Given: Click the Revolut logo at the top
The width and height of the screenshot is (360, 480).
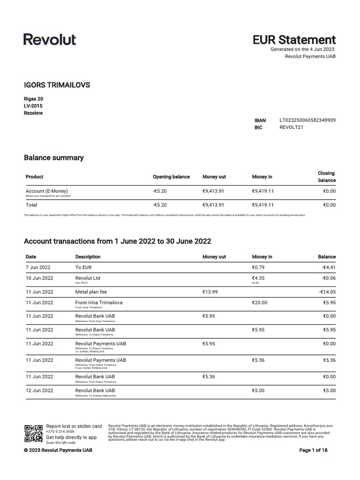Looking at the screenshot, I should [x=50, y=39].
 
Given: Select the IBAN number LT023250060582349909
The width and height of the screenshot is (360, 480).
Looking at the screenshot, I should [x=307, y=120].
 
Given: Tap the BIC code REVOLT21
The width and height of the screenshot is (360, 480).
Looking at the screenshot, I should [x=292, y=127].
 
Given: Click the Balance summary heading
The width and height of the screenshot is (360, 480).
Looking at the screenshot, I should [x=54, y=157].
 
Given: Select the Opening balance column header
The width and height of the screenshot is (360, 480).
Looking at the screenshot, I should [x=171, y=177].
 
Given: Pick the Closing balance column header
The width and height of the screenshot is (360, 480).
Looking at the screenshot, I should [x=326, y=177].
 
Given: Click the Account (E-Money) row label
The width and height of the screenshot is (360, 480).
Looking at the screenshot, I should [x=47, y=191].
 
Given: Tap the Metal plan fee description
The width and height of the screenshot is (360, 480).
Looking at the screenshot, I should [x=91, y=292].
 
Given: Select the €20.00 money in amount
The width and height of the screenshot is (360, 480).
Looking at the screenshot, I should [x=260, y=303].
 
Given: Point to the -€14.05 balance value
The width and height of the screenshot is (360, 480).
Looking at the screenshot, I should [x=327, y=292].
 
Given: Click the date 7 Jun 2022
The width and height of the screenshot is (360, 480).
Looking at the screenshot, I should [x=38, y=267].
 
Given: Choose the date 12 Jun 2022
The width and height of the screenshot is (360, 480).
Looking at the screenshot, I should [x=39, y=390].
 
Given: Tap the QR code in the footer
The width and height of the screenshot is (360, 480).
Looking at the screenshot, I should [x=33, y=434].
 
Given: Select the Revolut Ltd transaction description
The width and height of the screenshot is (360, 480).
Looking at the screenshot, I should [x=88, y=278].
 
